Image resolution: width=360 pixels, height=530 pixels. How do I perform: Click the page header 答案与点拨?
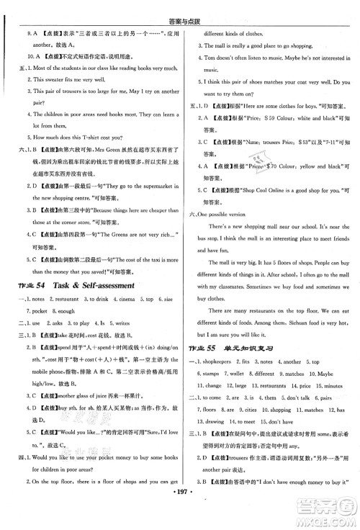pyautogui.click(x=180, y=7)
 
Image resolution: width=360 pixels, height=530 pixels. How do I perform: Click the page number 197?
pyautogui.click(x=179, y=518)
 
